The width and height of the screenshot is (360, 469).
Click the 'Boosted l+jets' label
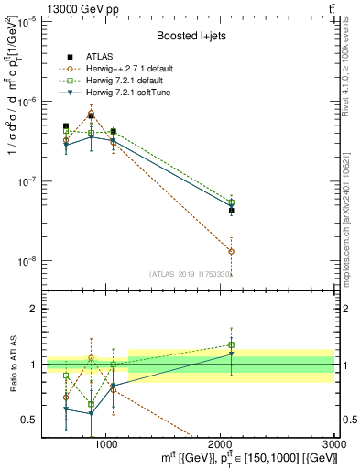tap(190, 36)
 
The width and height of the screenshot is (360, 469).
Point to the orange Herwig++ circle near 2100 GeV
tap(232, 251)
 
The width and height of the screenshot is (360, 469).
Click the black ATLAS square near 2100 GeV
tap(232, 211)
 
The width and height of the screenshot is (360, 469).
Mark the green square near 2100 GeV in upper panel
tap(232, 202)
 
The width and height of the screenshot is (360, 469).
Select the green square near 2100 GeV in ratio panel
tap(232, 345)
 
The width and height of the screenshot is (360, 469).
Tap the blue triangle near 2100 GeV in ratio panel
tap(232, 354)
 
